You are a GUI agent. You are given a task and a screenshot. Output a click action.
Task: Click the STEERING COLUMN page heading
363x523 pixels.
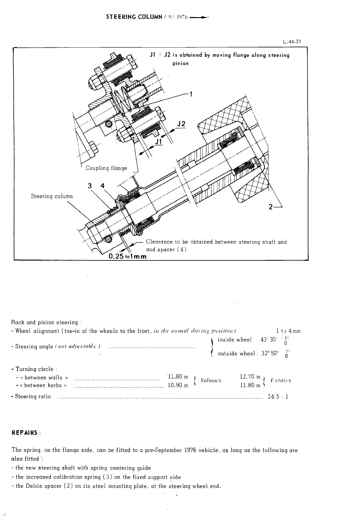pos(134,17)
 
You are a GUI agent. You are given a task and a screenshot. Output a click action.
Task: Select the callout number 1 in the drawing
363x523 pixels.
pos(191,95)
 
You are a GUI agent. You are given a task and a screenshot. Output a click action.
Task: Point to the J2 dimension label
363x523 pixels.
pos(181,124)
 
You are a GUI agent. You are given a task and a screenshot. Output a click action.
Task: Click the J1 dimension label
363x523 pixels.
pos(158,141)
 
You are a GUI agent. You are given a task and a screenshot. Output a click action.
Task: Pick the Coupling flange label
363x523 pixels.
pos(106,168)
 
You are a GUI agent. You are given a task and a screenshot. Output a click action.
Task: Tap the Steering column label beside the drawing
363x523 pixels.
pos(52,196)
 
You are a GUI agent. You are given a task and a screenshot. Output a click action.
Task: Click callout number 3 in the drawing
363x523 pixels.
pos(90,186)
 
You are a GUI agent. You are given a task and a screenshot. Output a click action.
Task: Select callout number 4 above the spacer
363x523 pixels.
pos(102,186)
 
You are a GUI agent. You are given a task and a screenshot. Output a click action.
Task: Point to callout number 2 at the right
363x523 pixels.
pos(271,207)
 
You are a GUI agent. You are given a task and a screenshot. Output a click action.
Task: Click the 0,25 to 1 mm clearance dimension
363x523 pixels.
pos(128,256)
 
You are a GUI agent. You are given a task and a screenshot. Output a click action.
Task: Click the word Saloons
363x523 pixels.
pos(210,380)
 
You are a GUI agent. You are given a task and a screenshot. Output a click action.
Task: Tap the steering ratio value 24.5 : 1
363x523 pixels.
pos(278,397)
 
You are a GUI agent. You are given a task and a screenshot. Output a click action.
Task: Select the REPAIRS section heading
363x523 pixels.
pos(25,433)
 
